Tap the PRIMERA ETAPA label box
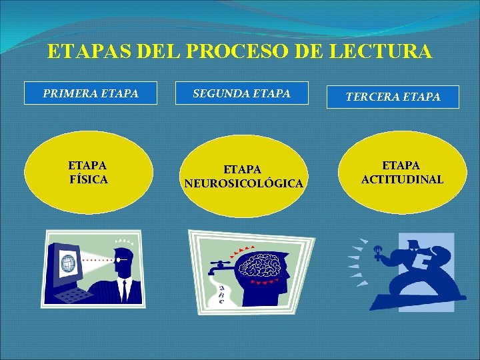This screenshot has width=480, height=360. click(x=91, y=94)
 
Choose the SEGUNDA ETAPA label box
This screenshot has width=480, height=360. click(x=241, y=94)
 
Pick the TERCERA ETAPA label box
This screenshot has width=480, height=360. click(x=393, y=97)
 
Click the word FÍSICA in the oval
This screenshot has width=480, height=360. click(x=88, y=179)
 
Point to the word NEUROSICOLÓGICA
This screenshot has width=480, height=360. click(x=243, y=183)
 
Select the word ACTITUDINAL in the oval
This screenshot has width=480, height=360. click(x=402, y=179)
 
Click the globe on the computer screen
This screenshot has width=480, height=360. click(x=69, y=263)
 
